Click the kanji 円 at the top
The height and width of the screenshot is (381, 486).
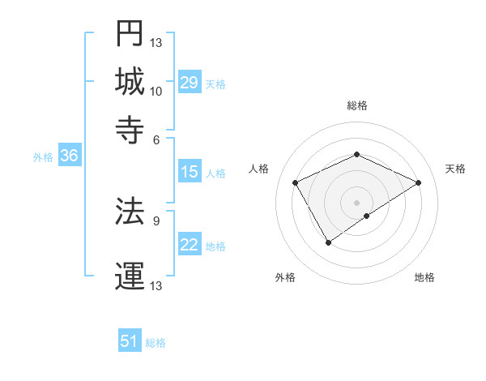coord(130,33)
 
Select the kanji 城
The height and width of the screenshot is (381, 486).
coord(130,81)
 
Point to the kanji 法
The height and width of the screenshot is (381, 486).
coord(130,211)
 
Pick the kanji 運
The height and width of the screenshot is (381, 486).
coord(130,275)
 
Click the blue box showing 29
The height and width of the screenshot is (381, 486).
coord(189,83)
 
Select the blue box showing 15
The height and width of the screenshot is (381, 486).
coord(189,172)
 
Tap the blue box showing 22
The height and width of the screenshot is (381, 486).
coord(189,245)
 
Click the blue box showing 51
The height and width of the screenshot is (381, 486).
coord(130,341)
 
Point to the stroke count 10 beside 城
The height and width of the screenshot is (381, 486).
coord(156,91)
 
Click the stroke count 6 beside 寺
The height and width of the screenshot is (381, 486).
coord(156,139)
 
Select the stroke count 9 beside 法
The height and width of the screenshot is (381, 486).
coord(156,220)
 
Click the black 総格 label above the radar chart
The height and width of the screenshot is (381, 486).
coord(356,105)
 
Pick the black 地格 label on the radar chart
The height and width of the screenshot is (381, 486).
coord(424,277)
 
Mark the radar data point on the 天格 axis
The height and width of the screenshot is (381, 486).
coord(419,182)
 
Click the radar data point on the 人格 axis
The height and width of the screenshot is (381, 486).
coord(296,182)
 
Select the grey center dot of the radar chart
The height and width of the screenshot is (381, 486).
coord(356,202)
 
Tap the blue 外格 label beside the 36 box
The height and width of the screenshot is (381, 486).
coord(43,158)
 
